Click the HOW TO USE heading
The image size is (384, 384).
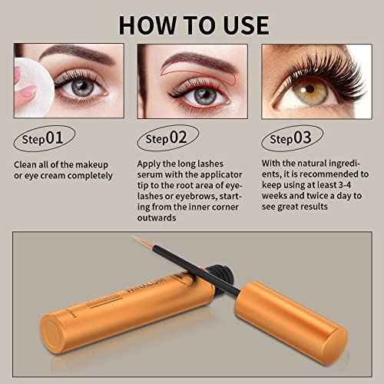192,22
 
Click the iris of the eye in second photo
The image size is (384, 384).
204,97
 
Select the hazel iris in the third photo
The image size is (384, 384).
306,91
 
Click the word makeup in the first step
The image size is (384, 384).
91,164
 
